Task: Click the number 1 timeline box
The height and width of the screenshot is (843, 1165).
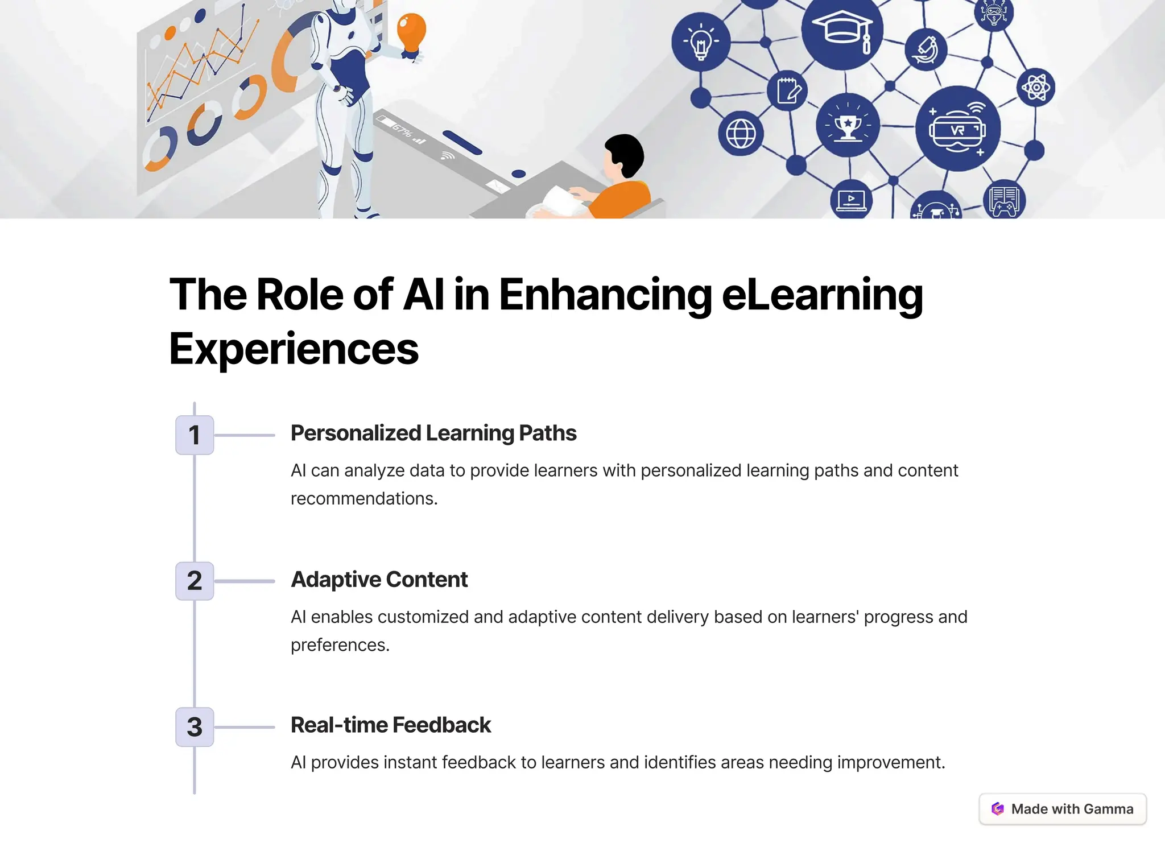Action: [x=195, y=435]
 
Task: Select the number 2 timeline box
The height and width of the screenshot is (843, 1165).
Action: [x=195, y=581]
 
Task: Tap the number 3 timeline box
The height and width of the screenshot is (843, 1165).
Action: [x=195, y=727]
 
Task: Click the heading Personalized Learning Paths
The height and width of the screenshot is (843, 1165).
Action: [x=433, y=433]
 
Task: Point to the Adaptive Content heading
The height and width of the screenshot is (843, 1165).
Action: [x=379, y=580]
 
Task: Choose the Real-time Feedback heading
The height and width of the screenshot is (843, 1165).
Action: [x=390, y=725]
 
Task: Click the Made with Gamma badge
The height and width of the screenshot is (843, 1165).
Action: [x=1063, y=809]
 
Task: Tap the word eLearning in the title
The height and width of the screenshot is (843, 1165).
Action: [x=822, y=295]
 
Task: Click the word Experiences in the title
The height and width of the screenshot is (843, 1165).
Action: [x=294, y=349]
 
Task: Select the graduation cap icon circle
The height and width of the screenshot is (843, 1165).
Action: [x=842, y=30]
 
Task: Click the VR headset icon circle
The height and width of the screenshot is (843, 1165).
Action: [x=957, y=129]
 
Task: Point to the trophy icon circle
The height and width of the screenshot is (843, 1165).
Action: [x=848, y=125]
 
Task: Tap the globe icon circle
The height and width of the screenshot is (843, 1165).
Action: [x=741, y=134]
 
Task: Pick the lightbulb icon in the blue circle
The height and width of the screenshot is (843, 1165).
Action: [x=701, y=42]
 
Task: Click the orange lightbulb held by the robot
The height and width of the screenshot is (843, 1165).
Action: [x=411, y=32]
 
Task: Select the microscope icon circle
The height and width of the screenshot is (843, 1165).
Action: [x=926, y=50]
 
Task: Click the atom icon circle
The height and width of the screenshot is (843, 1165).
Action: [x=1036, y=88]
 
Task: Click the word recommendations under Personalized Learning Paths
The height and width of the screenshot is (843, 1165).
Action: [x=364, y=499]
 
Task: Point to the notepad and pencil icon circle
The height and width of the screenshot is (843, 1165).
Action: [x=787, y=90]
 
